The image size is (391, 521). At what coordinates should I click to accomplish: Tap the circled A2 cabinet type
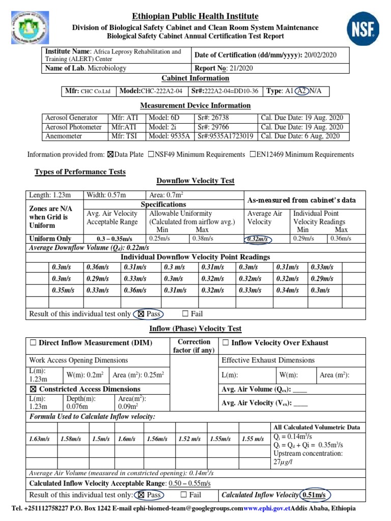(301, 91)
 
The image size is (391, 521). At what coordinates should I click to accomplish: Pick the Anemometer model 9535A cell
(168, 136)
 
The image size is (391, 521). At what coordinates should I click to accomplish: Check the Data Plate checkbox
(111, 155)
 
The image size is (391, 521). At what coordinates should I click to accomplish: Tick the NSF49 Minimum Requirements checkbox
(151, 155)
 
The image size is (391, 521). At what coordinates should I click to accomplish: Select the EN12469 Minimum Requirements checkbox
(253, 155)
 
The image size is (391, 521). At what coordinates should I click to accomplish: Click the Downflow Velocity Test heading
(195, 181)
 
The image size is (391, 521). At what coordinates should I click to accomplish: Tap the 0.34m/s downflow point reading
(287, 290)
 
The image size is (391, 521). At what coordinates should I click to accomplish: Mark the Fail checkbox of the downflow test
(185, 314)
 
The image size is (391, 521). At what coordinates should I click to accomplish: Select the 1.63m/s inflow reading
(40, 439)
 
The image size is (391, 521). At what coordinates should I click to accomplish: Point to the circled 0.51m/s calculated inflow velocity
(315, 495)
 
